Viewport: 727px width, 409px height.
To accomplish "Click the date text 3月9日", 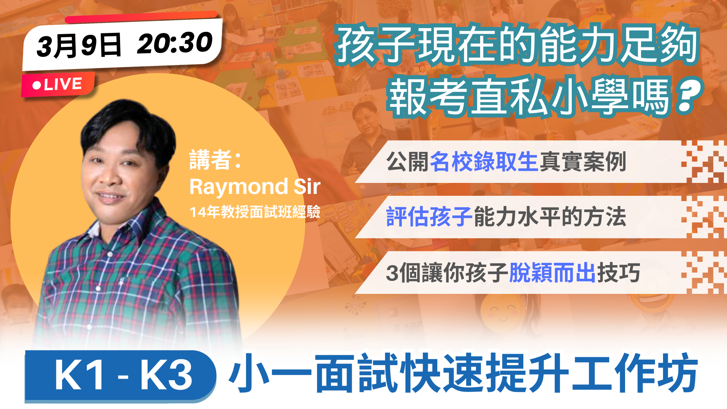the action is [x=79, y=45].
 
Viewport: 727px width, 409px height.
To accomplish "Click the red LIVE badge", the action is [x=58, y=84].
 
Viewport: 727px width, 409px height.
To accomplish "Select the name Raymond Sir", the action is [x=255, y=186].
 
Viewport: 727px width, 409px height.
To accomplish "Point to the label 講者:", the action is [x=215, y=160].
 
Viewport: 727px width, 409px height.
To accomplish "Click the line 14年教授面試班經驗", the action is [x=255, y=212].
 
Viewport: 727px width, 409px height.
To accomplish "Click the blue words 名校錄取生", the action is [x=484, y=162].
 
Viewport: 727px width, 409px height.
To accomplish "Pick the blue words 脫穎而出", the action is [x=553, y=272].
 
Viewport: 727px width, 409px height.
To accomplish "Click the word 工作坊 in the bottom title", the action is [x=635, y=373].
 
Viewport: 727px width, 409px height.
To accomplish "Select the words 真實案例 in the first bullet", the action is [x=582, y=162].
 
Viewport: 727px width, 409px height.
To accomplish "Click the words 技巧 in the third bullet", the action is [x=619, y=272].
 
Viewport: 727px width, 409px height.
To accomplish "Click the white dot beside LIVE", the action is [x=37, y=85].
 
